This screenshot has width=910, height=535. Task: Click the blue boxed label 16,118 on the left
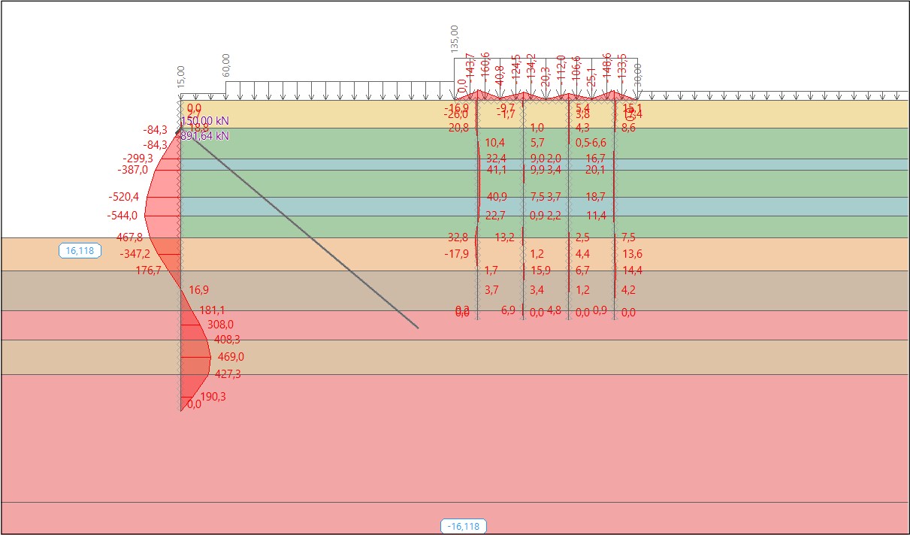[80, 251]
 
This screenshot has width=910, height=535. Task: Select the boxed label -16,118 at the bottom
[463, 526]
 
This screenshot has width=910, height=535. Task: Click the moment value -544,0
[123, 216]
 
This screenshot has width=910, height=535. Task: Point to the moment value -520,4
[123, 197]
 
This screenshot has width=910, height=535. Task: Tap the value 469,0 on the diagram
[231, 357]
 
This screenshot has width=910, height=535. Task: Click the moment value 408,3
[227, 340]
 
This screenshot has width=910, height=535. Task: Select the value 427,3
[228, 374]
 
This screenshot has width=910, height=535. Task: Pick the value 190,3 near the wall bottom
[213, 397]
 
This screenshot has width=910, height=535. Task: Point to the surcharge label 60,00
[226, 65]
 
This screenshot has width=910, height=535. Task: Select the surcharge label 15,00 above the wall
[180, 77]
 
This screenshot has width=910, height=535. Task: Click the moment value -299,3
[138, 159]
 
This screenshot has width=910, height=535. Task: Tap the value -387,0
[133, 170]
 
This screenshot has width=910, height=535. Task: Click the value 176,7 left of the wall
[148, 271]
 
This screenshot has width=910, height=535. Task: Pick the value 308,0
[220, 325]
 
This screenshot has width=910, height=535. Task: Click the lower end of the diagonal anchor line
[417, 328]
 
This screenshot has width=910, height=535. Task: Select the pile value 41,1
[496, 170]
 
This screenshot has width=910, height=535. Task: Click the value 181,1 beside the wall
[213, 310]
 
